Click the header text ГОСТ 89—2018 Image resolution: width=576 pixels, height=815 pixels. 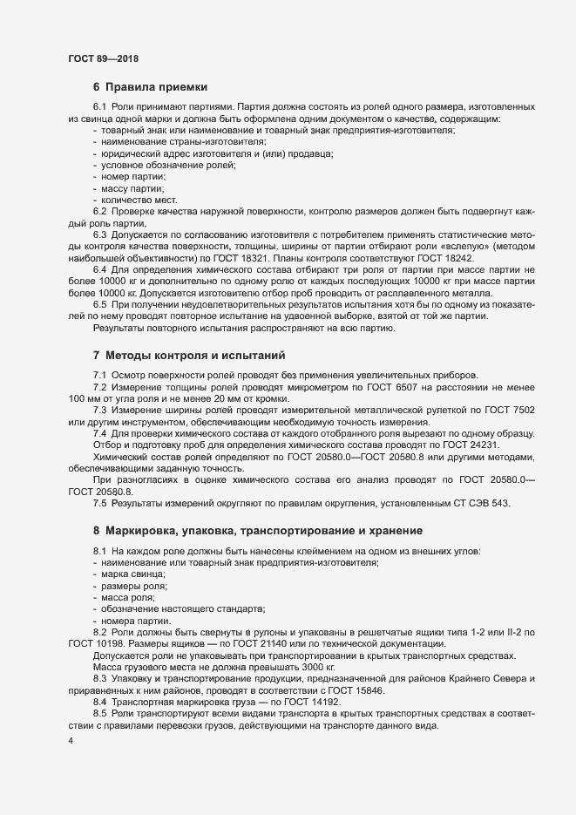pos(103,58)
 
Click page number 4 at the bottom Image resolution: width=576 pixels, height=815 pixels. pos(70,742)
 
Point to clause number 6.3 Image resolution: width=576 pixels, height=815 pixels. pos(99,235)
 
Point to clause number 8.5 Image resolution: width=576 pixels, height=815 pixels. pos(99,714)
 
